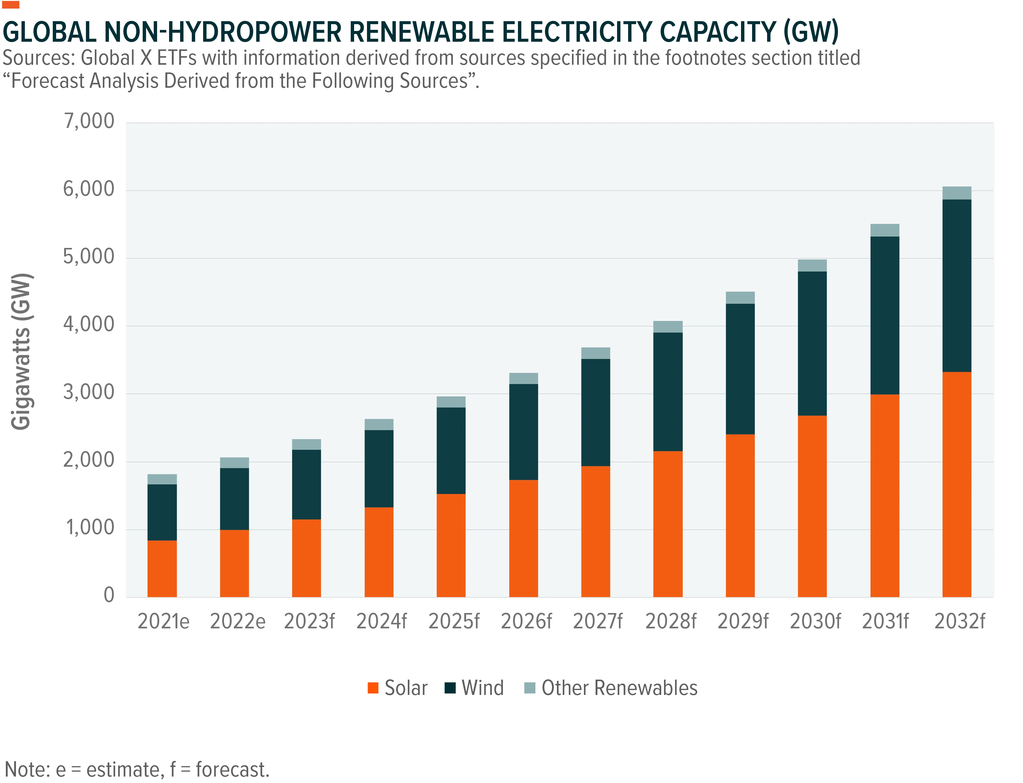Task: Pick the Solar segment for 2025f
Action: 451,545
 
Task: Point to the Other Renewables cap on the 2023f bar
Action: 306,444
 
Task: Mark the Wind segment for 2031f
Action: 885,315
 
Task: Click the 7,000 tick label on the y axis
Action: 89,121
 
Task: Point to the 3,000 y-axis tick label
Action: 89,392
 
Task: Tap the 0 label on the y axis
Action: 109,595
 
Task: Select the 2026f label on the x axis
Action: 526,621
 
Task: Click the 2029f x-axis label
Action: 743,621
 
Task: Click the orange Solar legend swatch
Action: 373,688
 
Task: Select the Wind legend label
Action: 483,688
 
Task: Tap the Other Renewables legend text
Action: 620,688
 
